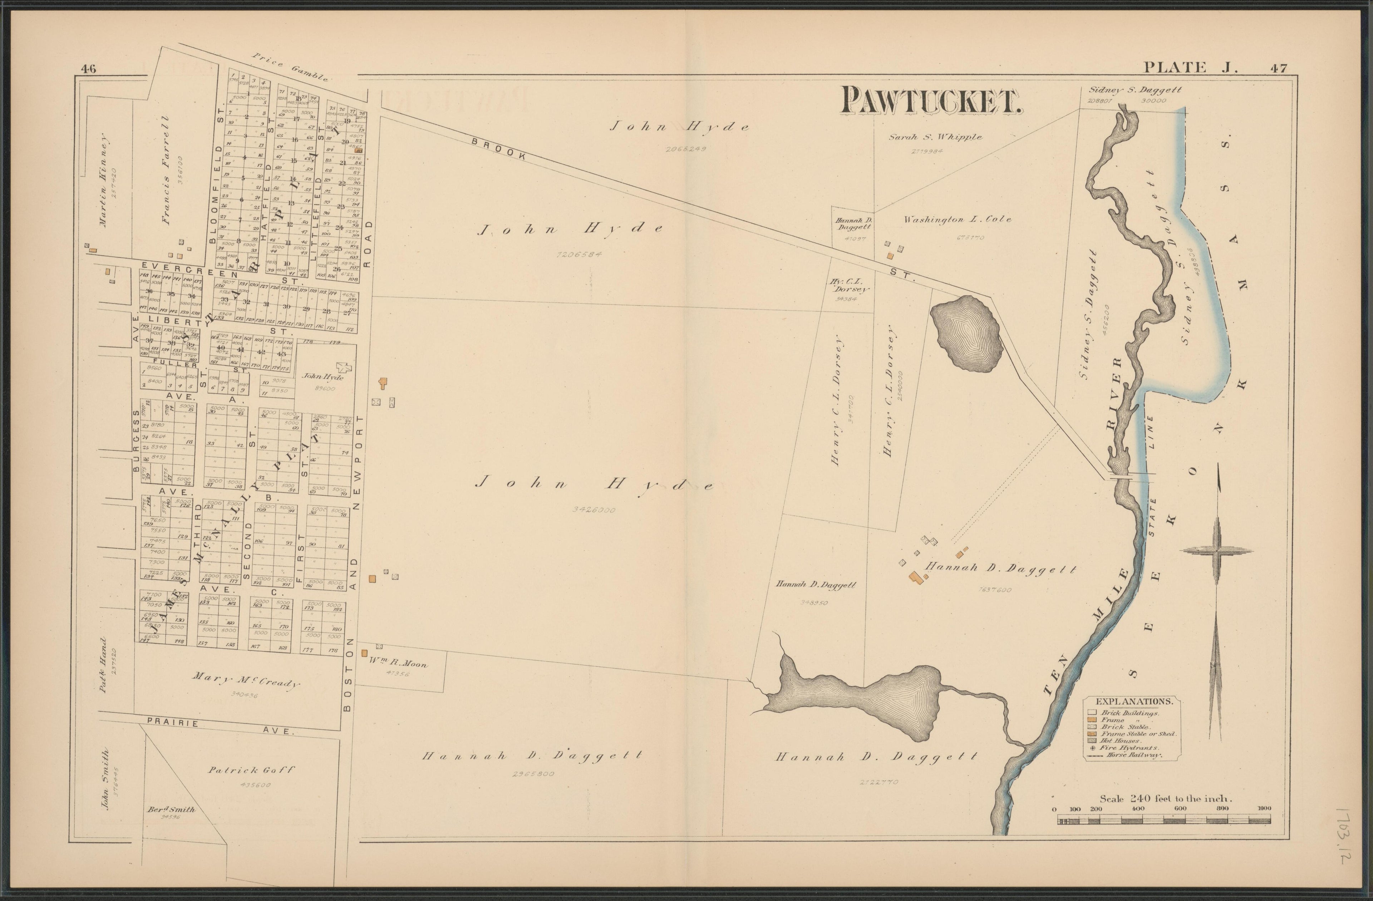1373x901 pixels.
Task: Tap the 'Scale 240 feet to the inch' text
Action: (1165, 799)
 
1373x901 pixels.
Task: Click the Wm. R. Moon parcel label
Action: (398, 663)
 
